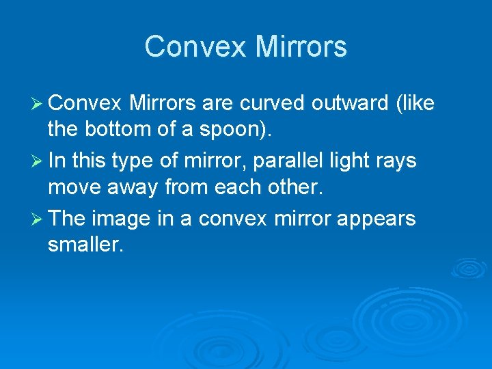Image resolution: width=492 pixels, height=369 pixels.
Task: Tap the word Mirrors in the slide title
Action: pyautogui.click(x=300, y=47)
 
